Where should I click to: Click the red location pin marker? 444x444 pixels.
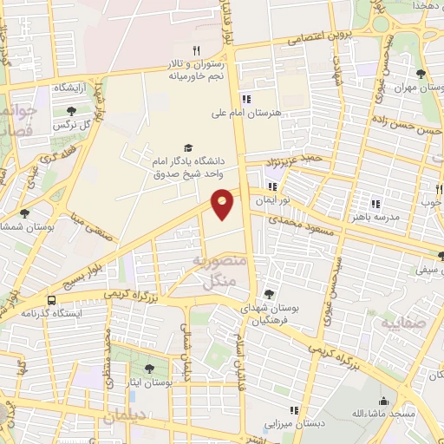[x=223, y=203]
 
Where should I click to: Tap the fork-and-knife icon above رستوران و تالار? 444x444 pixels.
[x=196, y=51]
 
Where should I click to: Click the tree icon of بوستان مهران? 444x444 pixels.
[x=421, y=74]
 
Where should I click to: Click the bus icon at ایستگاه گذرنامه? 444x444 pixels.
[x=53, y=301]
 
